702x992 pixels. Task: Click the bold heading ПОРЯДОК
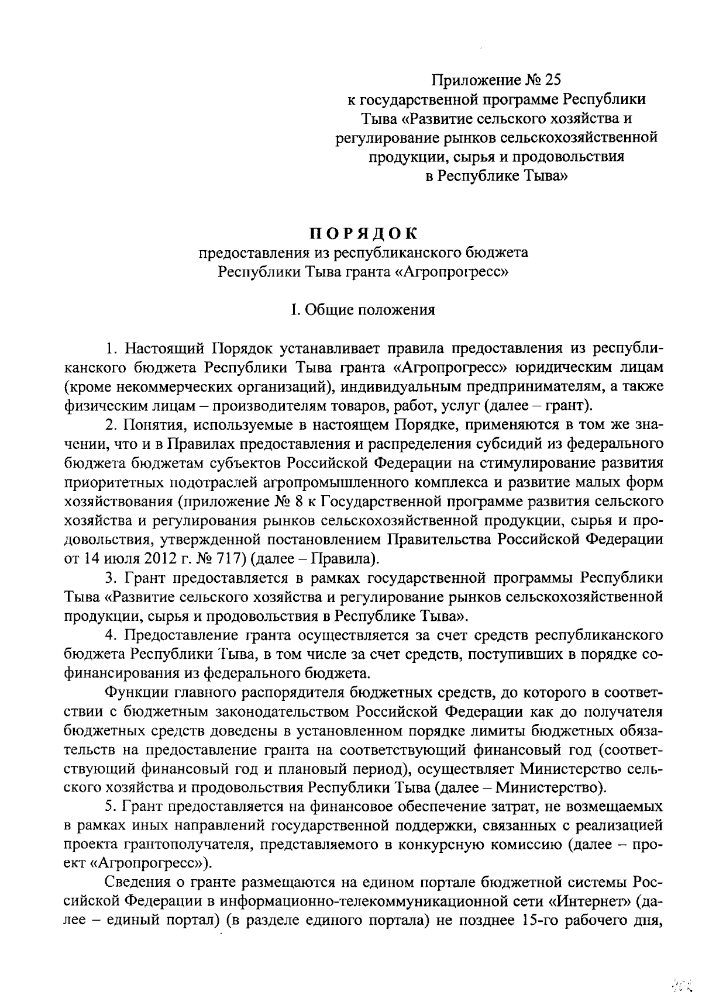363,233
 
